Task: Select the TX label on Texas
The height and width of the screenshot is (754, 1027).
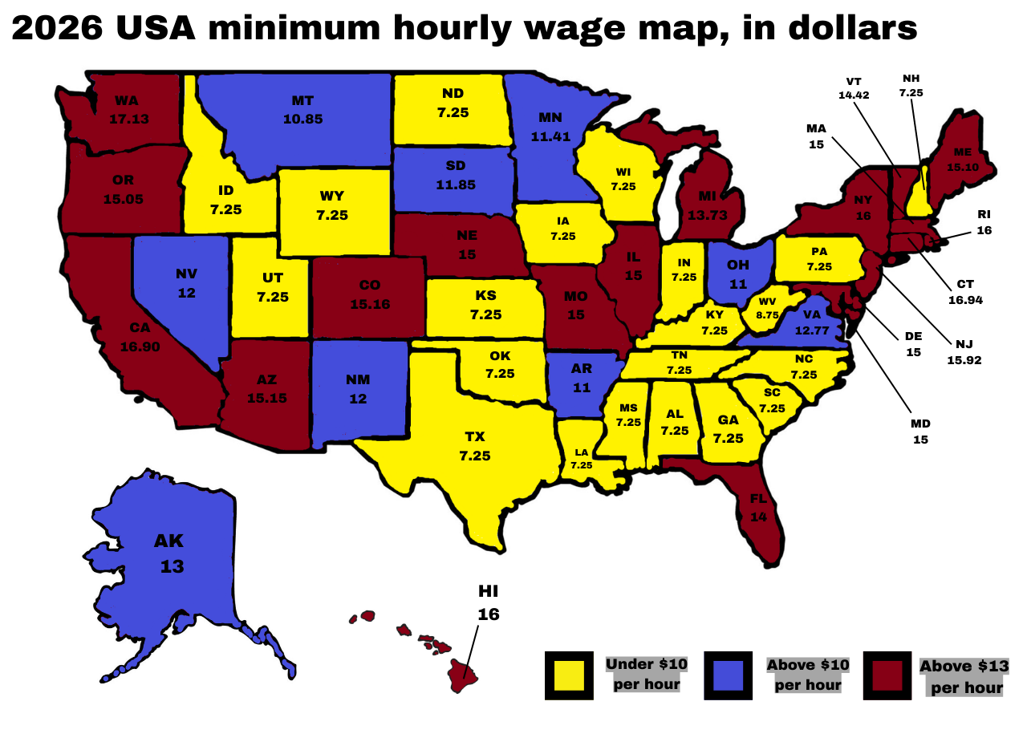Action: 474,436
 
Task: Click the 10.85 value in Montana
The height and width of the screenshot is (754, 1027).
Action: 302,119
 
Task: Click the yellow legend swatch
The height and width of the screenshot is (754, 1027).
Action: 569,675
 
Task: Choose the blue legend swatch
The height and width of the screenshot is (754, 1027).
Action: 728,675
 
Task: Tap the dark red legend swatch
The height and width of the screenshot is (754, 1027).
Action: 887,675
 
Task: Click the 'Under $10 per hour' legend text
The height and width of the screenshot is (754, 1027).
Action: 646,674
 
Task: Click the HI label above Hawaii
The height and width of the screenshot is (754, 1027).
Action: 489,591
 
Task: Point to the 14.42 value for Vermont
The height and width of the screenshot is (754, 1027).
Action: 854,95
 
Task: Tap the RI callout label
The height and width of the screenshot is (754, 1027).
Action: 984,214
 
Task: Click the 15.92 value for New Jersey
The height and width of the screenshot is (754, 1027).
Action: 964,360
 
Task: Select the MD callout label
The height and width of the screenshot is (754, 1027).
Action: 920,424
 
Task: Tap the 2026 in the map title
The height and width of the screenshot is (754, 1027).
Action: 58,29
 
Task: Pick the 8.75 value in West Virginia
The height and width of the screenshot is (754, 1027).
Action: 767,315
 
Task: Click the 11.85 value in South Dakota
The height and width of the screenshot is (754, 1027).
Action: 456,184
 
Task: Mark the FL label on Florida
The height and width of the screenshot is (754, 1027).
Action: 758,499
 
